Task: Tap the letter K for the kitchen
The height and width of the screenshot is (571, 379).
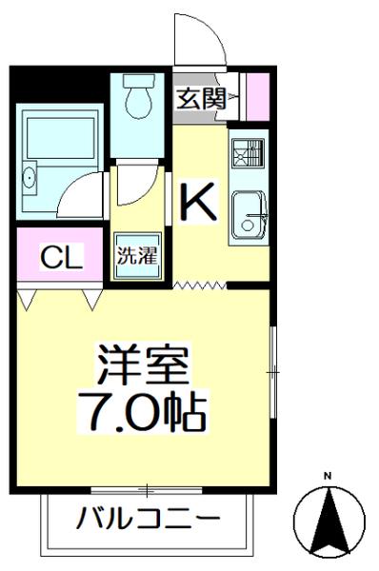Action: click(x=199, y=201)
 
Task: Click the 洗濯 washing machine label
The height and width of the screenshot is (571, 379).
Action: click(x=136, y=255)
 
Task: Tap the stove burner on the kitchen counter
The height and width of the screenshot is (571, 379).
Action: click(x=249, y=152)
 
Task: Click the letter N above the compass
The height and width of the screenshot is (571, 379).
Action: click(x=327, y=476)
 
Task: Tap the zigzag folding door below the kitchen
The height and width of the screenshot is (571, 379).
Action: click(x=200, y=284)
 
